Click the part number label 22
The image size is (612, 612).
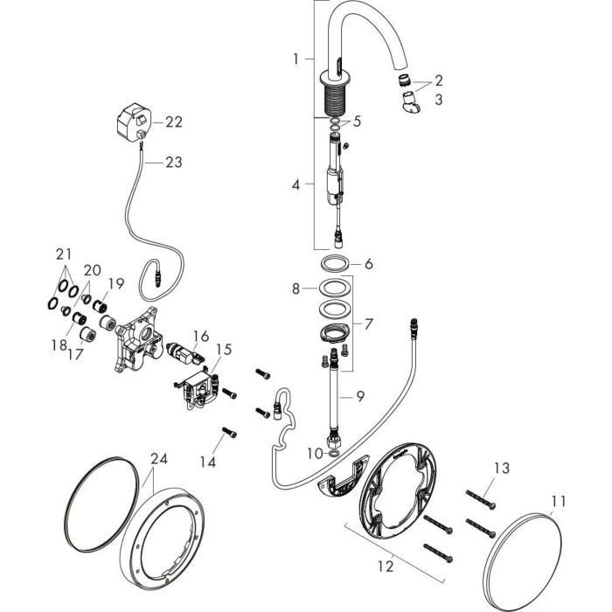(174, 122)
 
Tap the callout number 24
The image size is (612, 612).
(157, 456)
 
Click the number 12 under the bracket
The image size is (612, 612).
(386, 567)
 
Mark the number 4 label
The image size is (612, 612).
(296, 185)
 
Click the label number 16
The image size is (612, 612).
(201, 336)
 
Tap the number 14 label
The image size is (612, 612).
(208, 461)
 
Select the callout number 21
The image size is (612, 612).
(62, 254)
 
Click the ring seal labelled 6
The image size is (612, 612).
(335, 263)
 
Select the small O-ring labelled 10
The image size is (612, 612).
(336, 453)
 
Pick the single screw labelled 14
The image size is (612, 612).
(230, 431)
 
